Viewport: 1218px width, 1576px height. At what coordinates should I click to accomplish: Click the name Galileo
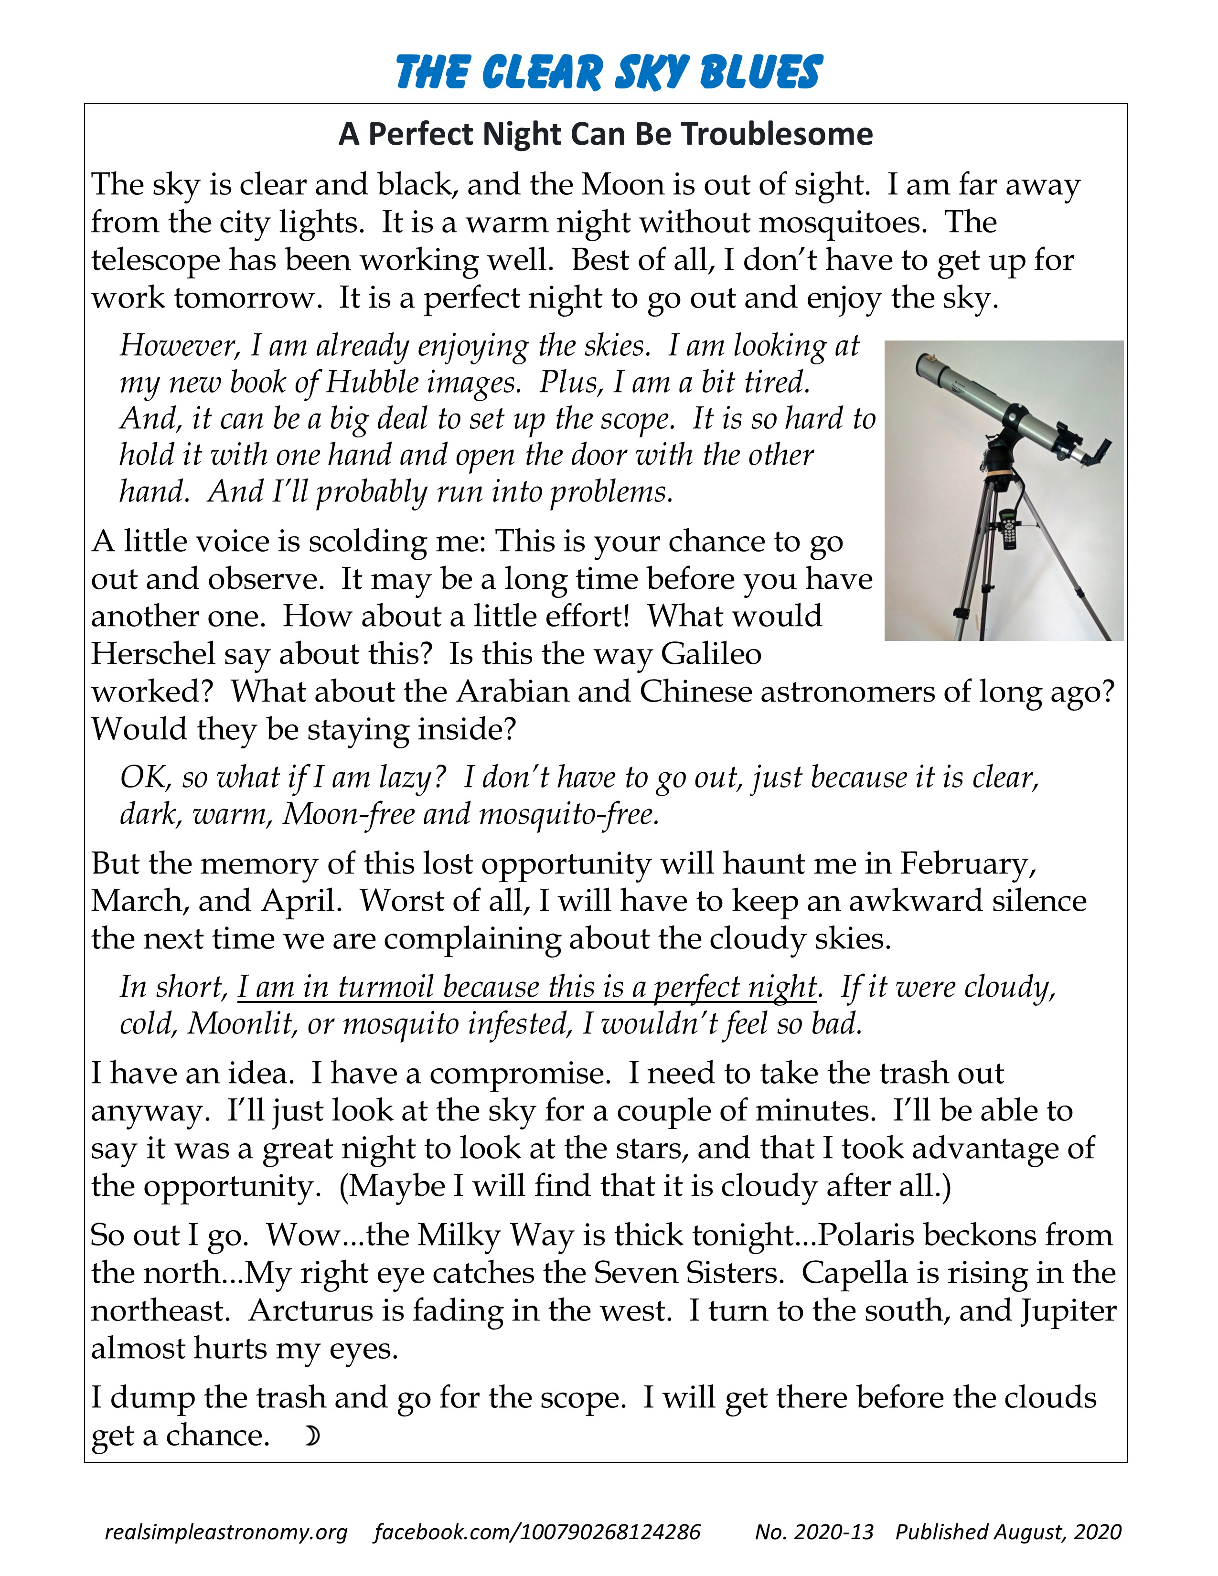point(711,654)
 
